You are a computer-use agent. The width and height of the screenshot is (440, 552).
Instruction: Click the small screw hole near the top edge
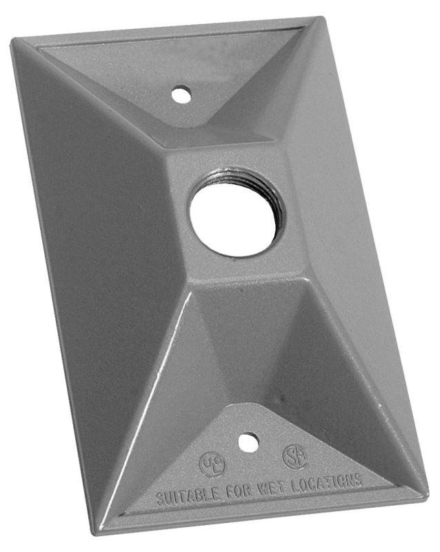181,92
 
